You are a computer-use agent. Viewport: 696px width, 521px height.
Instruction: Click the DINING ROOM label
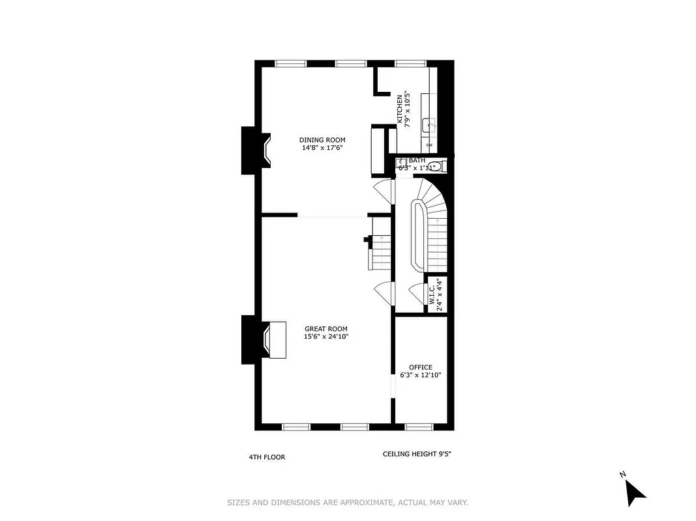pyautogui.click(x=322, y=140)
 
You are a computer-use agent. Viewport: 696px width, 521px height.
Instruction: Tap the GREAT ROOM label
pyautogui.click(x=325, y=329)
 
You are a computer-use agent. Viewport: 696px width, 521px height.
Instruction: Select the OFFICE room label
pyautogui.click(x=420, y=367)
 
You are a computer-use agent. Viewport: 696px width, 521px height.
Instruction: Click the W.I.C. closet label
pyautogui.click(x=432, y=294)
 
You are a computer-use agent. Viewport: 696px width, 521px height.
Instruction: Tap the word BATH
pyautogui.click(x=417, y=160)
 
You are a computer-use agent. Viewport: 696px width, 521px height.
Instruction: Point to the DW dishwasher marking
pyautogui.click(x=429, y=145)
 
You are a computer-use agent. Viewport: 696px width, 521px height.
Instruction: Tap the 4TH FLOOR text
pyautogui.click(x=267, y=457)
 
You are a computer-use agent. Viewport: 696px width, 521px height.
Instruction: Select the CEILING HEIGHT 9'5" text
pyautogui.click(x=417, y=454)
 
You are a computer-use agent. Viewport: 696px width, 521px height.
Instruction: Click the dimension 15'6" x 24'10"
pyautogui.click(x=325, y=337)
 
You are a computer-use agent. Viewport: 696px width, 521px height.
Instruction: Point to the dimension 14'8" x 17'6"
pyautogui.click(x=322, y=148)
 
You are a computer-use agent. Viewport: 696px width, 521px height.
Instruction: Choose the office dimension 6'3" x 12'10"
pyautogui.click(x=420, y=375)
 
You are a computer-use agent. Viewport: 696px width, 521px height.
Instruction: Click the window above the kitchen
pyautogui.click(x=410, y=63)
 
